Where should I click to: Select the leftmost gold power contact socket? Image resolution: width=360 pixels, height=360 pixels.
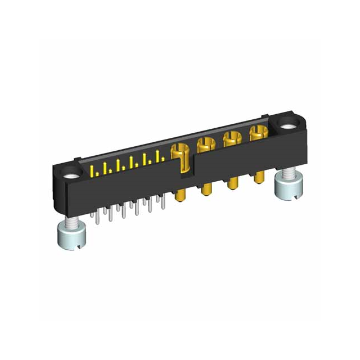tap(178, 149)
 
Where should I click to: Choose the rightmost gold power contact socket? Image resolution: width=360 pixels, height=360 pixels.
tap(257, 133)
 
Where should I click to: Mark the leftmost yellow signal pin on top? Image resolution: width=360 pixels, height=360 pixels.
tap(93, 170)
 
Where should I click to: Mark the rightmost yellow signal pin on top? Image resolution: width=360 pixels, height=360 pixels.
tap(163, 157)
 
